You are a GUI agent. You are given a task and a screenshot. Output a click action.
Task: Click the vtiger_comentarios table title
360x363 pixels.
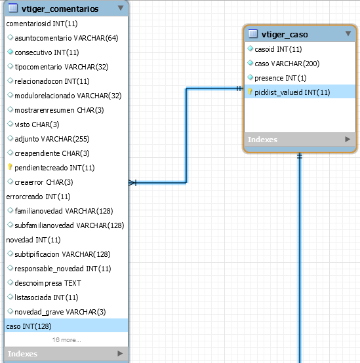[60, 9]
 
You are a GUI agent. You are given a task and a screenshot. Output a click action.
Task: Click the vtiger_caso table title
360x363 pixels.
[285, 35]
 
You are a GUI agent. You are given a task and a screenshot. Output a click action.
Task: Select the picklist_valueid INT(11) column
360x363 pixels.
[292, 92]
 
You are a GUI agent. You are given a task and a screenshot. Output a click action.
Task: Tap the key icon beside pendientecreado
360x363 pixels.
[10, 166]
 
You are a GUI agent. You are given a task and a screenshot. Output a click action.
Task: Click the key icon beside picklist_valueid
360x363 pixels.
[250, 92]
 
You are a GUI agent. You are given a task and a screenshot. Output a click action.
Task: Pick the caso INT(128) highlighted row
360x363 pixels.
[66, 326]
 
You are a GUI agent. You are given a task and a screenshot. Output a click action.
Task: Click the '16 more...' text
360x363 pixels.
[66, 339]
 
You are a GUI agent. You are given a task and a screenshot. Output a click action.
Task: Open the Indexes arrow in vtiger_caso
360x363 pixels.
[348, 139]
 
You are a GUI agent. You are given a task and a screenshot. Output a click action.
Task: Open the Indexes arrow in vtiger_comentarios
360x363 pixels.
[120, 353]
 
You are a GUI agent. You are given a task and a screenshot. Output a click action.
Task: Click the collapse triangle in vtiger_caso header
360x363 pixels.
[348, 33]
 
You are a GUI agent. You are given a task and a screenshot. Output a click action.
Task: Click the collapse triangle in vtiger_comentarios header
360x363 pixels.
[121, 8]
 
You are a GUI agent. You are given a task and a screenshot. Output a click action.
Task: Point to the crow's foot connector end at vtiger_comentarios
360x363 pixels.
[132, 183]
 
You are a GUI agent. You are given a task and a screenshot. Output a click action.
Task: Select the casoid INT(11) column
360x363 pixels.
[278, 49]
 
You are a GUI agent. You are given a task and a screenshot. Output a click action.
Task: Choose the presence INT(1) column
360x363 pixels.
[280, 78]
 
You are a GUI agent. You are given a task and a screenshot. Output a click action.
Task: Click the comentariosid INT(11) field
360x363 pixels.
[42, 24]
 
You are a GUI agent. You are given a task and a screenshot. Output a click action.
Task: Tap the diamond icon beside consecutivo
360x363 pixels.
[10, 52]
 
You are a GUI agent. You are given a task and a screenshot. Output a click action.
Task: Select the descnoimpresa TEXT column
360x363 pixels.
[48, 283]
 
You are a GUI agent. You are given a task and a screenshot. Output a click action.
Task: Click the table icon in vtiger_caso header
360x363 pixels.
[252, 33]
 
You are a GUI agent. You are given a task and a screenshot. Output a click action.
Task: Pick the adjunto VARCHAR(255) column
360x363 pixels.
[52, 139]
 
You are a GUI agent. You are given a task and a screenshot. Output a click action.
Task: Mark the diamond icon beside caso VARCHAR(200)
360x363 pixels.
[250, 63]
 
